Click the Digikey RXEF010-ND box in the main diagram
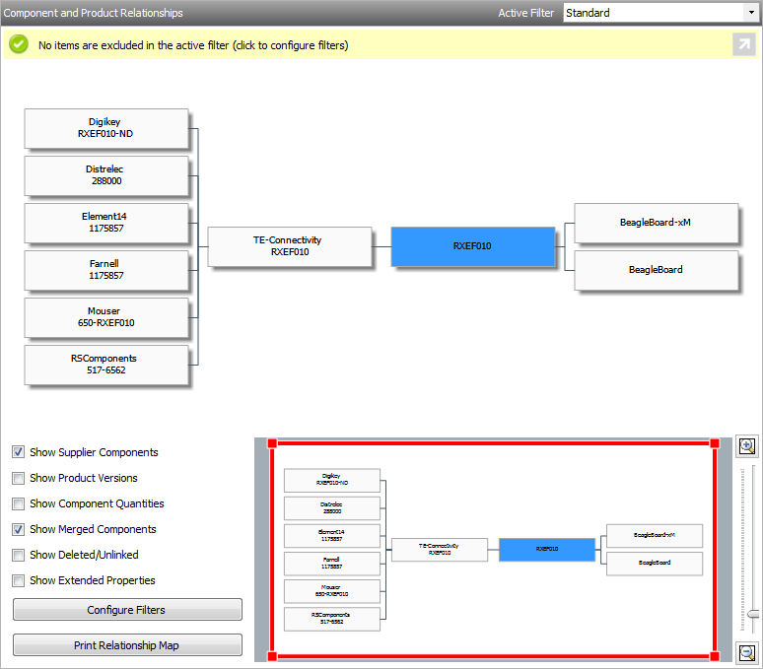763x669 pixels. (x=105, y=128)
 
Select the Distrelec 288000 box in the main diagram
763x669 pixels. (x=105, y=175)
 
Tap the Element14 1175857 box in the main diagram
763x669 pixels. (x=105, y=223)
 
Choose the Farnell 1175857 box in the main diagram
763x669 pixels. (x=105, y=270)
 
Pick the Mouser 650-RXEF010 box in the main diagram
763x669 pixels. (x=105, y=317)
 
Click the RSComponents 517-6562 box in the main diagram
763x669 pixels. (x=105, y=365)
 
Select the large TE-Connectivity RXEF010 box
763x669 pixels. (x=289, y=246)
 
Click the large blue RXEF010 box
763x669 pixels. (x=472, y=246)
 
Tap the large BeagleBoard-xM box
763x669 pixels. (x=656, y=223)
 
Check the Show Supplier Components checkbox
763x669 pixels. (x=19, y=452)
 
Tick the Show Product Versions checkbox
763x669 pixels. (x=19, y=478)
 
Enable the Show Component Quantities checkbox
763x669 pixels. (x=19, y=503)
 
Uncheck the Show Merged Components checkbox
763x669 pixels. (x=19, y=529)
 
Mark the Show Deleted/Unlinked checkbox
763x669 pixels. (x=19, y=555)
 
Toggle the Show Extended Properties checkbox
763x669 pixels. (x=19, y=580)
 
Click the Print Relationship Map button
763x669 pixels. (x=127, y=645)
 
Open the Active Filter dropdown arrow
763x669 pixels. (x=751, y=13)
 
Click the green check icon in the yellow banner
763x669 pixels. (x=19, y=44)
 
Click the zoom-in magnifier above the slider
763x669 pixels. (x=746, y=446)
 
